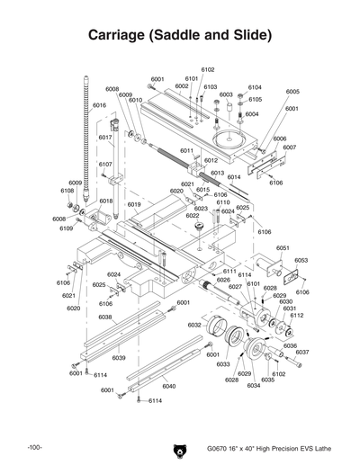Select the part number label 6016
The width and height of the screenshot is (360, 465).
coord(99,105)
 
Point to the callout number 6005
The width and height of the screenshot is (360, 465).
coord(292,92)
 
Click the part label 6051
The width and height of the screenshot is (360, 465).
coord(282,247)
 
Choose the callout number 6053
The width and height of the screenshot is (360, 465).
coord(301,260)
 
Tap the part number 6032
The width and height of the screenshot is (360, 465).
coord(194,325)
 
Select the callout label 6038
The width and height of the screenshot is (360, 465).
coord(105,317)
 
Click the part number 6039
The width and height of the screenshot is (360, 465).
coord(118,357)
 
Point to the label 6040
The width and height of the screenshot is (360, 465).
coord(168,386)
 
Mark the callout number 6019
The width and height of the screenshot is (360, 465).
coord(133,204)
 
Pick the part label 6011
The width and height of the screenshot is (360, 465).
coord(187,150)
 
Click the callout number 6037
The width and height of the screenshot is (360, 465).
coord(302,352)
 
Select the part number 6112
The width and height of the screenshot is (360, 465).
coord(297,316)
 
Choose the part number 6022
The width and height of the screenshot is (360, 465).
coord(193,216)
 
